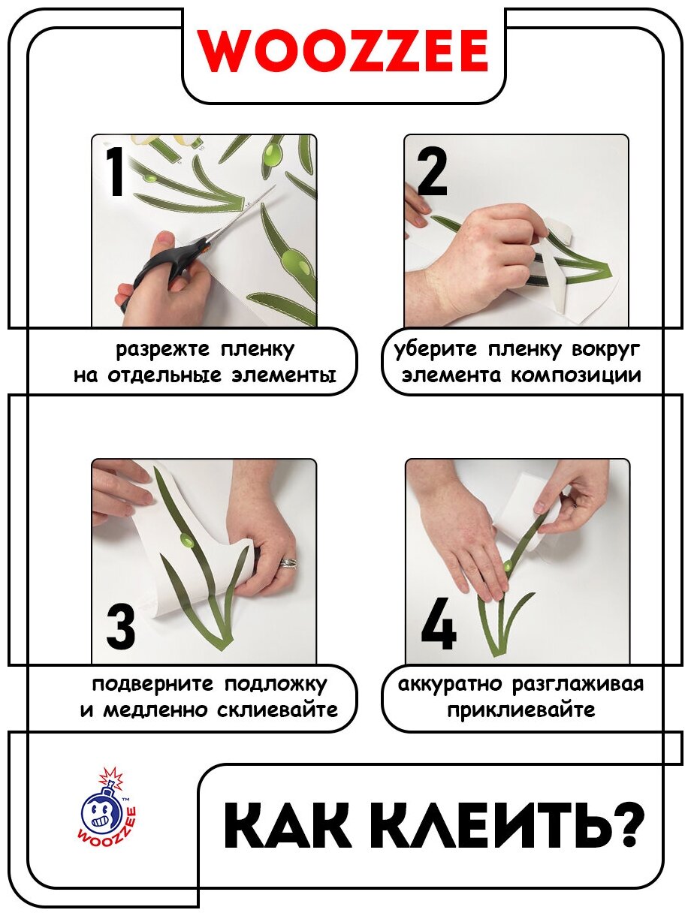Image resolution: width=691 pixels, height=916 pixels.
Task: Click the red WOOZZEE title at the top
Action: pyautogui.click(x=343, y=51)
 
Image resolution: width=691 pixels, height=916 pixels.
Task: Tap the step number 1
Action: pyautogui.click(x=115, y=170)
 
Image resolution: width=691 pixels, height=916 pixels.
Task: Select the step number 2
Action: pyautogui.click(x=432, y=170)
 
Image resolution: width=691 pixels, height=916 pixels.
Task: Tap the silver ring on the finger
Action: pyautogui.click(x=288, y=563)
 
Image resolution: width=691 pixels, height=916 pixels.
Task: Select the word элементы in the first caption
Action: pyautogui.click(x=284, y=375)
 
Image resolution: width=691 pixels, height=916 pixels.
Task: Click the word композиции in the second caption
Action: pyautogui.click(x=576, y=375)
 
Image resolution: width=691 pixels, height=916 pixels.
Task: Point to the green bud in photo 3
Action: pyautogui.click(x=187, y=542)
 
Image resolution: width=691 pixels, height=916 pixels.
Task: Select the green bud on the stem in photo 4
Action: pyautogui.click(x=508, y=566)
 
